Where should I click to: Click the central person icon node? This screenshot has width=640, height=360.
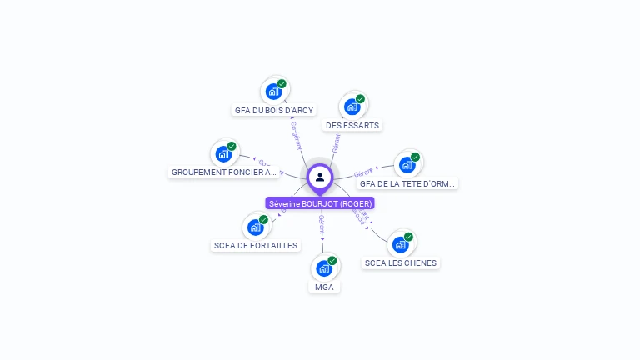(320, 177)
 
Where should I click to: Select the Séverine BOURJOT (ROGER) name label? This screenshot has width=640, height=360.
(320, 203)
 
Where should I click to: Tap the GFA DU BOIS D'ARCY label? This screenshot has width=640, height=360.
(274, 110)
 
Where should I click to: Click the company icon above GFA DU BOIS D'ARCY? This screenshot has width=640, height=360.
(272, 92)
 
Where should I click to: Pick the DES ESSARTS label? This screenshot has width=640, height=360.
(352, 126)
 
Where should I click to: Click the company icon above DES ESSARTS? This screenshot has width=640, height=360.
(352, 107)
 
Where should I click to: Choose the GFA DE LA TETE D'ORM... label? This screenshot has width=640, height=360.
(408, 183)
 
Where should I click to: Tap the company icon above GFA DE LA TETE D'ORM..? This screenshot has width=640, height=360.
(407, 164)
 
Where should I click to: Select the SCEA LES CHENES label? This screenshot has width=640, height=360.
(401, 262)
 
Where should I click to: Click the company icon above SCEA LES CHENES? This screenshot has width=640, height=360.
(401, 244)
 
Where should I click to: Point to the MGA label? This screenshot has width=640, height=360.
(324, 287)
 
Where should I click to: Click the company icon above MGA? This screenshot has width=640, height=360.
(324, 268)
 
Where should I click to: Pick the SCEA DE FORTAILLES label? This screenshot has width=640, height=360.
(256, 246)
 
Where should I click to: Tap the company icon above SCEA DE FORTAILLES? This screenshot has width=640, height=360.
(256, 227)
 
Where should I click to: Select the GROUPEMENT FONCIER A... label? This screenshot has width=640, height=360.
(224, 172)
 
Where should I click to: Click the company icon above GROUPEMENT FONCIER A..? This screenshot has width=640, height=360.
(223, 153)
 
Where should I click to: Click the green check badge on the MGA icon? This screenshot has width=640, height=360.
(332, 261)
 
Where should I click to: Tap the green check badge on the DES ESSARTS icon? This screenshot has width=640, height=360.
(360, 99)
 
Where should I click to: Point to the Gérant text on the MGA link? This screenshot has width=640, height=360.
(321, 224)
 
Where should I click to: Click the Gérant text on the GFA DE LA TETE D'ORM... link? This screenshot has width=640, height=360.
(363, 172)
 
